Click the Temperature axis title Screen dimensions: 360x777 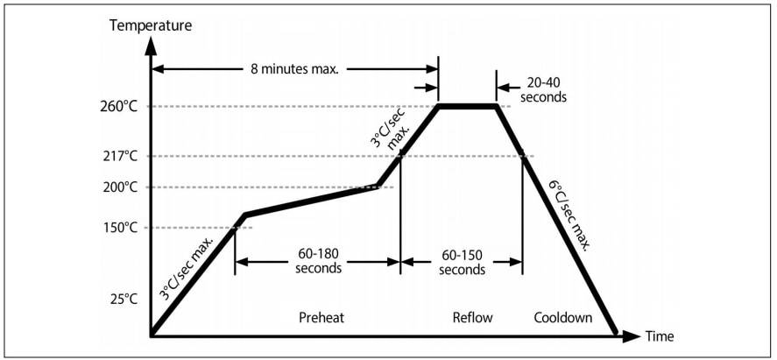(x=151, y=25)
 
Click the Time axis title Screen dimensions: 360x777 (x=660, y=336)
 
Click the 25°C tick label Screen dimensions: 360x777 (x=124, y=299)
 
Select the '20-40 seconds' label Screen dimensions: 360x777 (x=543, y=90)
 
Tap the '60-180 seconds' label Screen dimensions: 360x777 (x=318, y=261)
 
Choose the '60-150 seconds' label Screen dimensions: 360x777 (x=462, y=261)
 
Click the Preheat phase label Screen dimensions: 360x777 (x=321, y=317)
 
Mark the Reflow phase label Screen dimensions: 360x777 (x=473, y=317)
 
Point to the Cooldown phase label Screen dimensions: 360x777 (x=563, y=317)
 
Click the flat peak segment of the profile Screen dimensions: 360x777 (x=467, y=107)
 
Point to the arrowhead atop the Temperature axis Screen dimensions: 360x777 (x=152, y=42)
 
